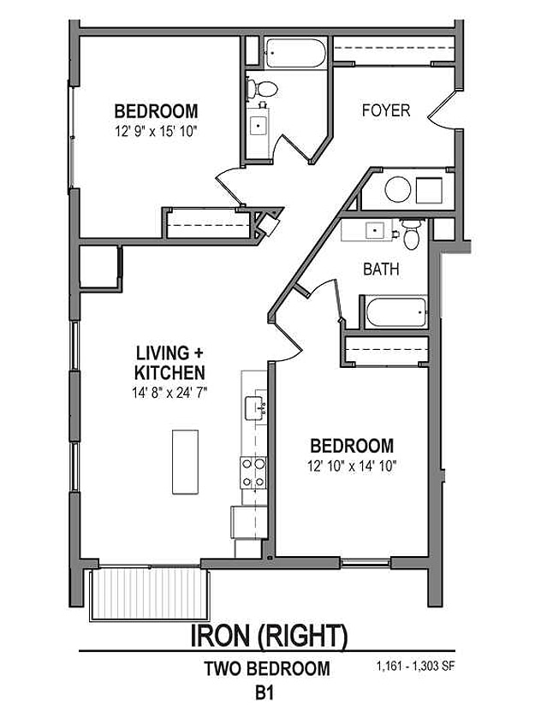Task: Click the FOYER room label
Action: click(385, 110)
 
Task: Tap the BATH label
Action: click(381, 269)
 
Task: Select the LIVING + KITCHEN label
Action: click(169, 363)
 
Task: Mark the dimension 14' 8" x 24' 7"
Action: click(170, 393)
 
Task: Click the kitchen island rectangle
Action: click(185, 461)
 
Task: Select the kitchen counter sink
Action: click(254, 408)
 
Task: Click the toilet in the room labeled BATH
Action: click(412, 234)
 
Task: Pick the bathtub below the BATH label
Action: click(395, 312)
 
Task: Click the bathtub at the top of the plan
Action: click(294, 52)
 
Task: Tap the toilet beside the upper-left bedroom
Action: click(264, 87)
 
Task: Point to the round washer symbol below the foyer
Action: click(397, 189)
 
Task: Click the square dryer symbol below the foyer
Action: click(429, 189)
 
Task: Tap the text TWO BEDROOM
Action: click(266, 669)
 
